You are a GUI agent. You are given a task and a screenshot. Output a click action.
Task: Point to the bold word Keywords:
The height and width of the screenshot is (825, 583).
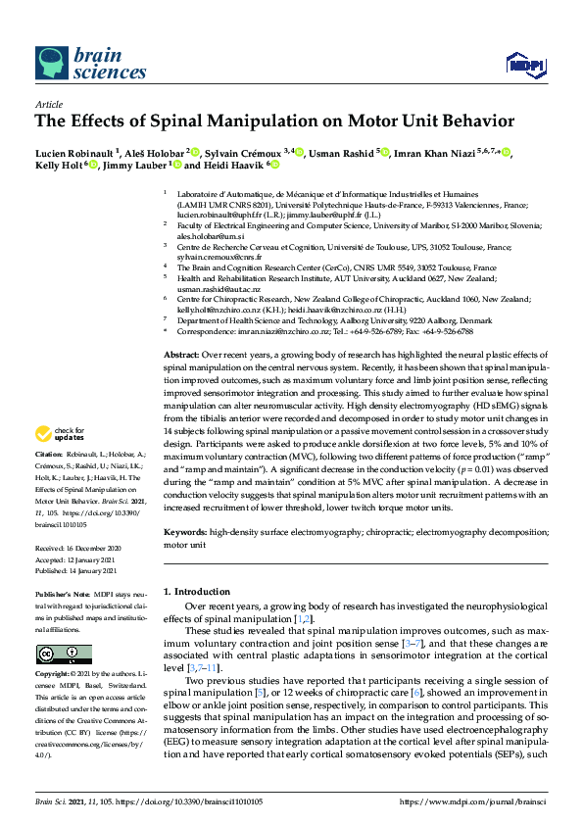[185, 531]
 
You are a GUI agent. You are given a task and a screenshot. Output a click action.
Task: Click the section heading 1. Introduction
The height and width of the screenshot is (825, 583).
[200, 592]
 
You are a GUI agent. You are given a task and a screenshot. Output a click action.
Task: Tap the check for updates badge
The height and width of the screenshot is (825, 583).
[61, 433]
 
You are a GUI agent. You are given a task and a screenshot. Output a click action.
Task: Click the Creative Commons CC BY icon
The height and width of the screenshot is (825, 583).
[64, 654]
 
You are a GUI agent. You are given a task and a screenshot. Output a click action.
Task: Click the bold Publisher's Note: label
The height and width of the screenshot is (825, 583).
[63, 595]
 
